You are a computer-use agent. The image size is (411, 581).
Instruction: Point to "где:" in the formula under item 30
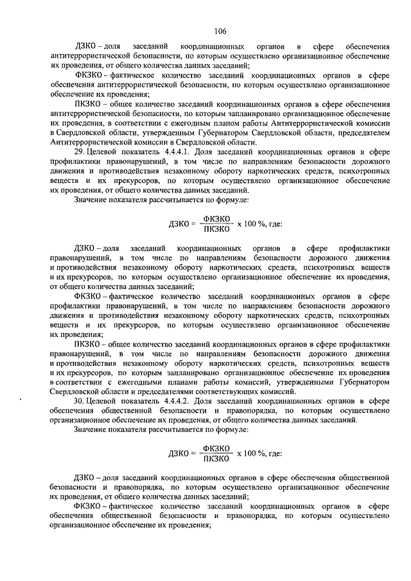[272, 453]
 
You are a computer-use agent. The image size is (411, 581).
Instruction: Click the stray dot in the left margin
[22, 399]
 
